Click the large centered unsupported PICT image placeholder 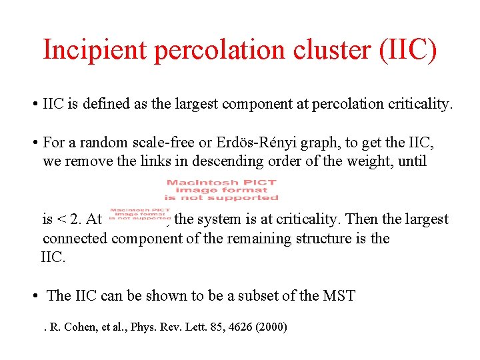coord(222,189)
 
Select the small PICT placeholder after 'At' coord(140,214)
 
